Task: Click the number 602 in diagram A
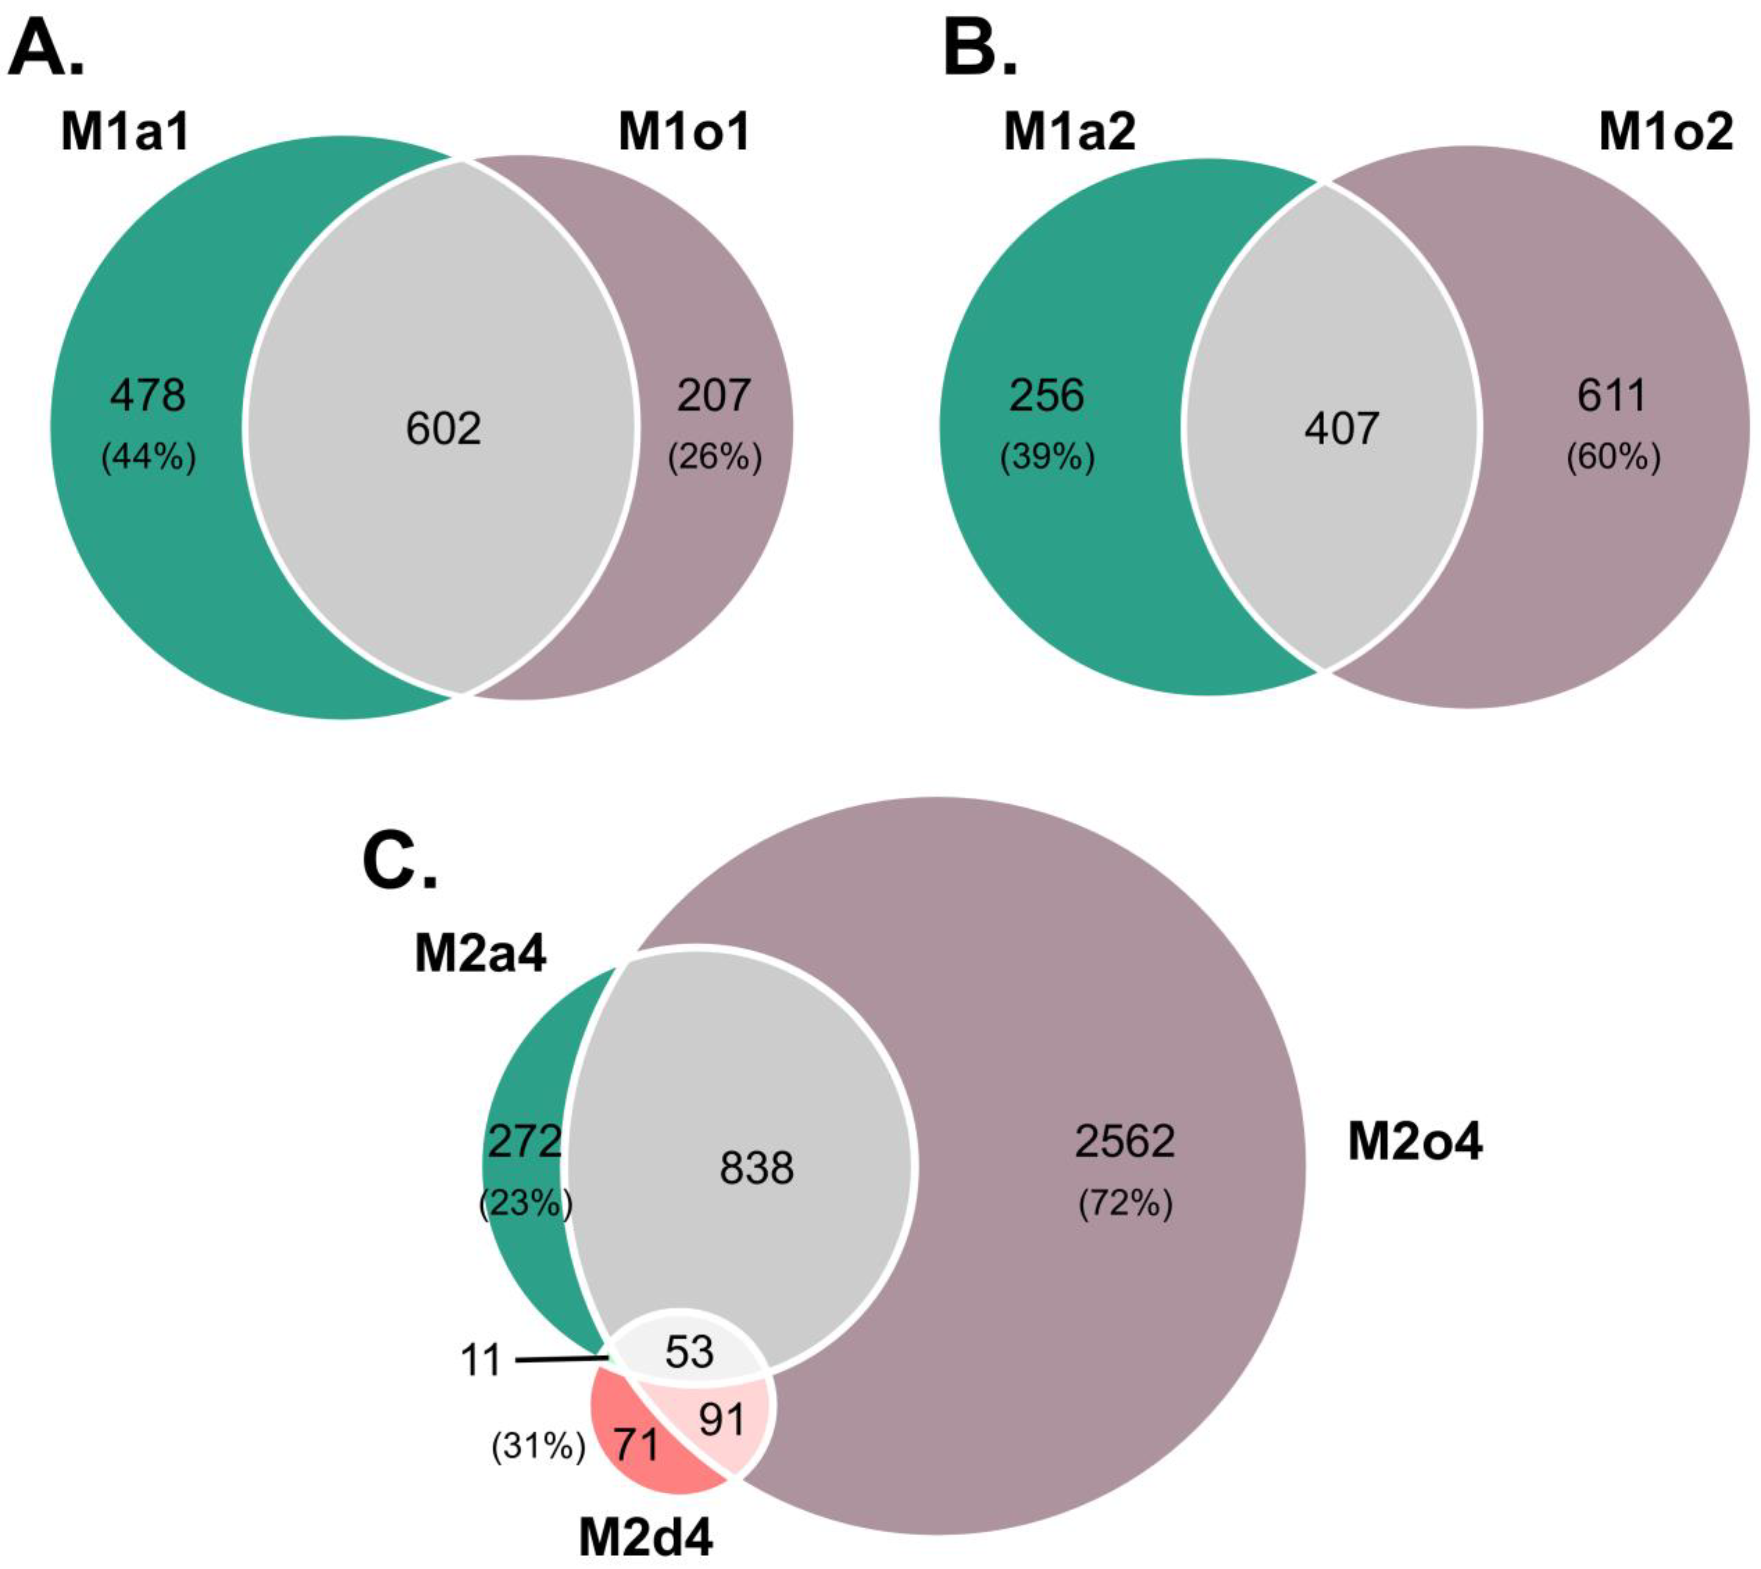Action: click(443, 428)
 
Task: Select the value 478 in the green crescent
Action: click(148, 396)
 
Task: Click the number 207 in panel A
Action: click(714, 396)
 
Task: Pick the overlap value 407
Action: click(1341, 428)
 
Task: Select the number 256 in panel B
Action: click(1047, 396)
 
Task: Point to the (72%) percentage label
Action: click(1125, 1203)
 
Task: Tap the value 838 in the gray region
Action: click(757, 1169)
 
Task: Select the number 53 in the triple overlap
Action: click(689, 1352)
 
